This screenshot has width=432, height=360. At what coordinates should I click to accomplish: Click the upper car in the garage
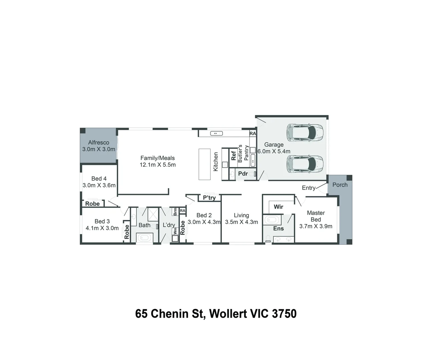point(305,132)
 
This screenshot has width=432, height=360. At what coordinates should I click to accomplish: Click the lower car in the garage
point(305,164)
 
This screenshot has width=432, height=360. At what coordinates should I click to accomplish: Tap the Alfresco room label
point(98,142)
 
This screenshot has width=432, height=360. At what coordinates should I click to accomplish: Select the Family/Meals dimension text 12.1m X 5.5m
point(157,165)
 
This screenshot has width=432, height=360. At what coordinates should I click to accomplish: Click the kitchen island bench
point(204,164)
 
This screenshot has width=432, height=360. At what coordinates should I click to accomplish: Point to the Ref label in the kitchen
point(234,156)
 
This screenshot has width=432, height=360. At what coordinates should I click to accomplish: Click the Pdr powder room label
point(243,174)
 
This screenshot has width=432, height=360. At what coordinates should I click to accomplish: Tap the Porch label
point(340,185)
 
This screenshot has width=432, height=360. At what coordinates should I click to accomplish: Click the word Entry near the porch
point(309,188)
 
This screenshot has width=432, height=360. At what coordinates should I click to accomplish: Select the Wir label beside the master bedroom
point(278,207)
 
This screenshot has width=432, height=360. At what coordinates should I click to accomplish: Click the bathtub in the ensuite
point(272,220)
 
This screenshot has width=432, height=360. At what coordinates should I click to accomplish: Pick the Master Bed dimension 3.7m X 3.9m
point(316,226)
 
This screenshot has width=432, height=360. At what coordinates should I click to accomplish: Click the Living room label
point(241,215)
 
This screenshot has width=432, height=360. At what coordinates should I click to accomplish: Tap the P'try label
point(209,198)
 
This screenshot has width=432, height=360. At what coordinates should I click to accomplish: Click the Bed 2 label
point(204,215)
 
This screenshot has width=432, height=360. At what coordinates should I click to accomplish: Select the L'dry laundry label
point(169,225)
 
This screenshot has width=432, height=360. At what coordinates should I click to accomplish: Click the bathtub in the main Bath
point(144,238)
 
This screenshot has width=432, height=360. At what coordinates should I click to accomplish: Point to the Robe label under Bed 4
point(92,204)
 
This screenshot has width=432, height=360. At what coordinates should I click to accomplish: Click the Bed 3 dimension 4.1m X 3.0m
point(102,228)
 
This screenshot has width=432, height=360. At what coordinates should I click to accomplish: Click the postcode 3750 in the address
point(284,314)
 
